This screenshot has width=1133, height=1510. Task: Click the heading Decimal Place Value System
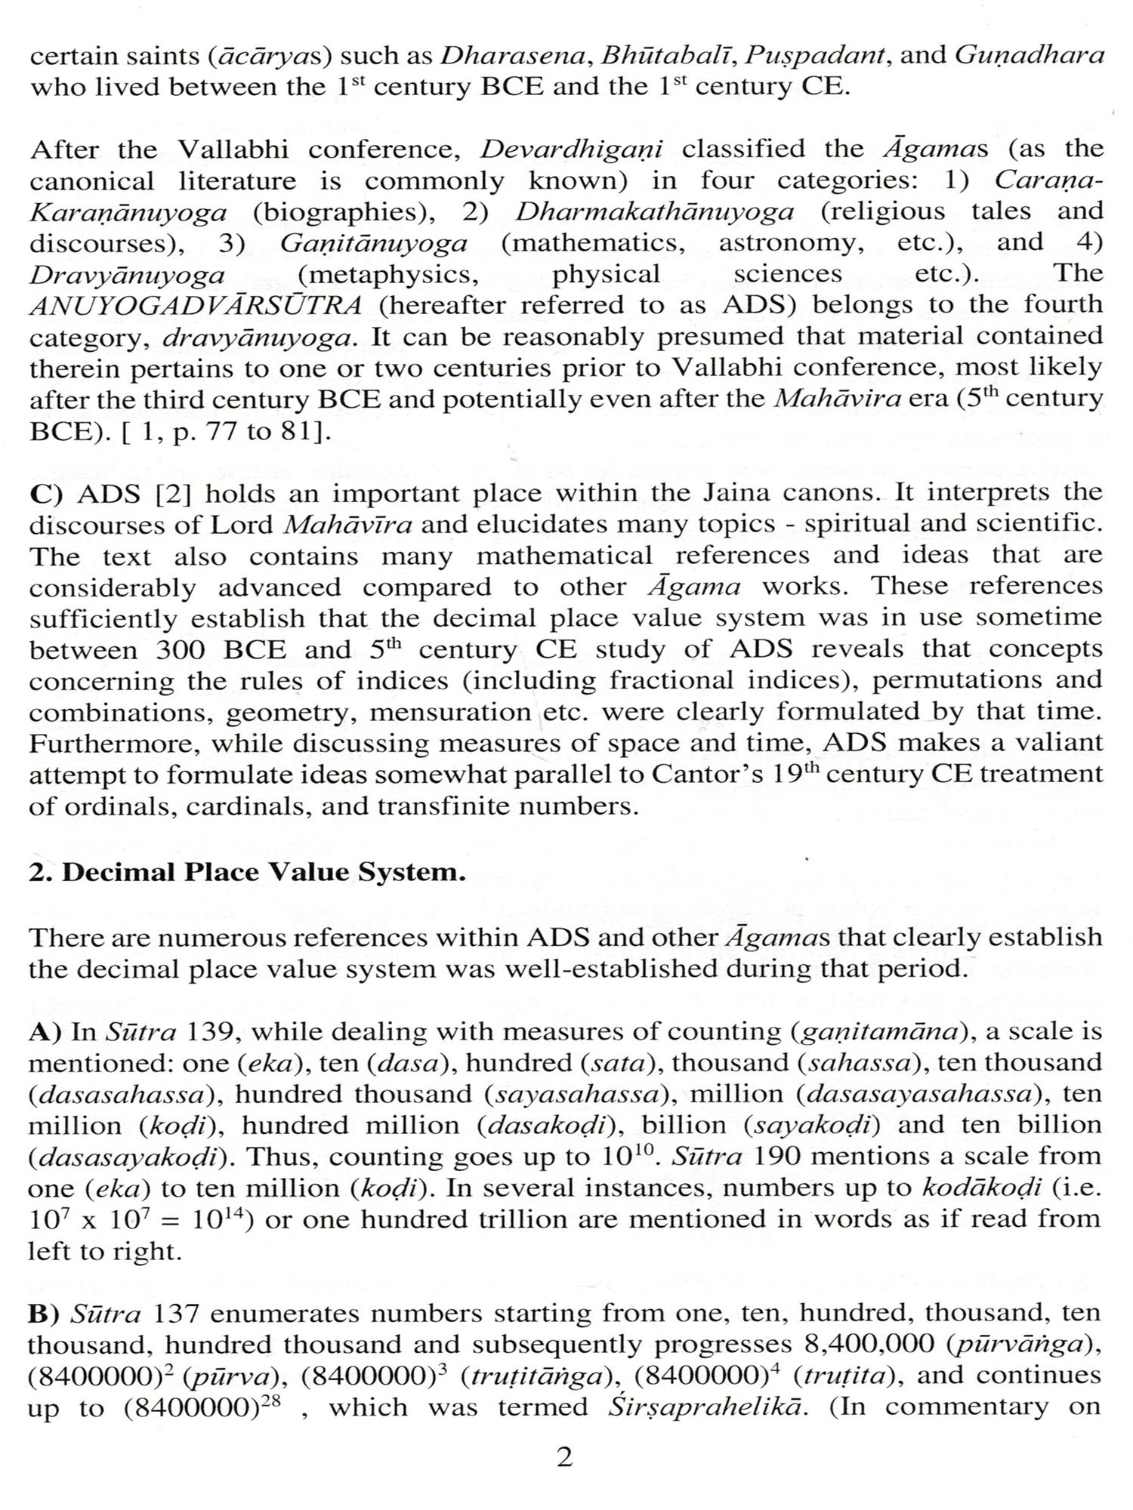tap(247, 872)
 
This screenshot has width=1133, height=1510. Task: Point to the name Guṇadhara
tap(1029, 56)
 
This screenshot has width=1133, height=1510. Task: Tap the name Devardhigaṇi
tap(571, 149)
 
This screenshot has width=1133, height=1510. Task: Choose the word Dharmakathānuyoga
tap(654, 211)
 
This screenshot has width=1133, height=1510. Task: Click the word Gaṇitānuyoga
tap(373, 243)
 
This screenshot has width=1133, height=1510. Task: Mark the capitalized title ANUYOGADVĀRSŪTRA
tap(196, 306)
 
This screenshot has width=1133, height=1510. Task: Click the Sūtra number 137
tap(175, 1314)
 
